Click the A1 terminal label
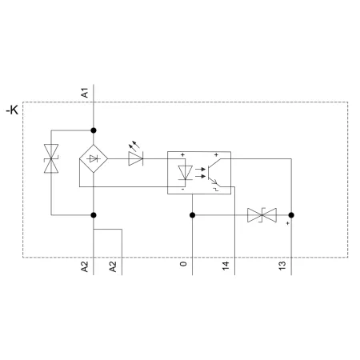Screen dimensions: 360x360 tap(85, 93)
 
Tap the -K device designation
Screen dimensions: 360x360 tap(12, 110)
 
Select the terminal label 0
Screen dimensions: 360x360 tap(183, 264)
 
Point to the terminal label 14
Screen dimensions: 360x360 tap(226, 266)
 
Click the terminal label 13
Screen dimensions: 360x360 tap(282, 266)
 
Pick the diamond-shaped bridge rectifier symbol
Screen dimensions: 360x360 tap(94, 159)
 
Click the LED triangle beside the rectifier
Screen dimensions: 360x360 tap(136, 158)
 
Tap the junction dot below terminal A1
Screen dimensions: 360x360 tap(94, 130)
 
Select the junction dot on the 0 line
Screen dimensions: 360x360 tap(192, 215)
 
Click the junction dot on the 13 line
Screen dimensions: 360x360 tap(291, 215)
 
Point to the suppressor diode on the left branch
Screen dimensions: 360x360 tap(51, 158)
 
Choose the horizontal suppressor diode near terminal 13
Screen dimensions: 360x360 tap(262, 215)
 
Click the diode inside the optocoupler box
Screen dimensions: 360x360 tap(185, 173)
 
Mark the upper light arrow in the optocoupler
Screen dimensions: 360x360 tap(200, 169)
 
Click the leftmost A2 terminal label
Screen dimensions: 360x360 tap(85, 266)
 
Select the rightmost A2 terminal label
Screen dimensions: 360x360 tap(113, 266)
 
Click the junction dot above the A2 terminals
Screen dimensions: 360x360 tap(94, 215)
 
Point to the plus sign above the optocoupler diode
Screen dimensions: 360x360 tap(182, 154)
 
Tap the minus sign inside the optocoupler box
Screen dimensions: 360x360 tap(182, 189)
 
